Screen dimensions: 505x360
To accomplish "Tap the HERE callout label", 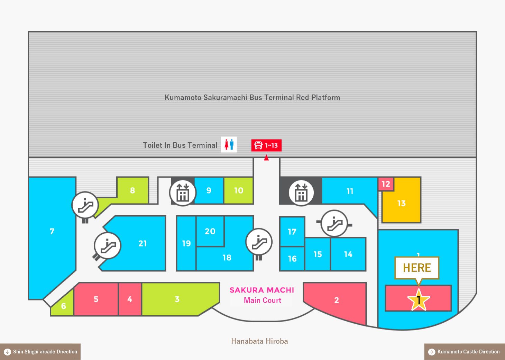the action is pyautogui.click(x=417, y=268).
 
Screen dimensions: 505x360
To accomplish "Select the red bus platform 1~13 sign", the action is pyautogui.click(x=266, y=145).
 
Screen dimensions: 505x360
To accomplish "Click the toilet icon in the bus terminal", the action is pyautogui.click(x=229, y=145).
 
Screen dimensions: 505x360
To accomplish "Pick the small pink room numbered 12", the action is pyautogui.click(x=386, y=184).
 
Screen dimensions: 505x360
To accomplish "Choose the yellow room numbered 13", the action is pyautogui.click(x=401, y=203).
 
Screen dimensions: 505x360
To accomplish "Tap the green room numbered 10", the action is pyautogui.click(x=239, y=191).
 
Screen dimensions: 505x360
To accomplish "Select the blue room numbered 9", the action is pyautogui.click(x=209, y=191).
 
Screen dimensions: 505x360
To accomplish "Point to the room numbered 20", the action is pyautogui.click(x=210, y=231).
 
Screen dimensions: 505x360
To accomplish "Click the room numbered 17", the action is pyautogui.click(x=292, y=232).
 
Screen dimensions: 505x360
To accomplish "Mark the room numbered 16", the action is pyautogui.click(x=292, y=259).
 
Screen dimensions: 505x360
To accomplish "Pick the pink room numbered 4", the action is pyautogui.click(x=130, y=299).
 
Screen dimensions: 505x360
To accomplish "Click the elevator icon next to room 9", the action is pyautogui.click(x=183, y=193).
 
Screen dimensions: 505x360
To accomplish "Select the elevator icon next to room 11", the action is pyautogui.click(x=301, y=193).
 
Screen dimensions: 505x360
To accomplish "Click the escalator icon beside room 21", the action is pyautogui.click(x=108, y=246).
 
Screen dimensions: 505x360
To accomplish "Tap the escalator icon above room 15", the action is pyautogui.click(x=334, y=223).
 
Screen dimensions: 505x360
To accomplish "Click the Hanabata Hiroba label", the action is pyautogui.click(x=259, y=341).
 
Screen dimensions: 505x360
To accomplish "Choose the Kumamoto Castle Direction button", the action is pyautogui.click(x=465, y=352).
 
